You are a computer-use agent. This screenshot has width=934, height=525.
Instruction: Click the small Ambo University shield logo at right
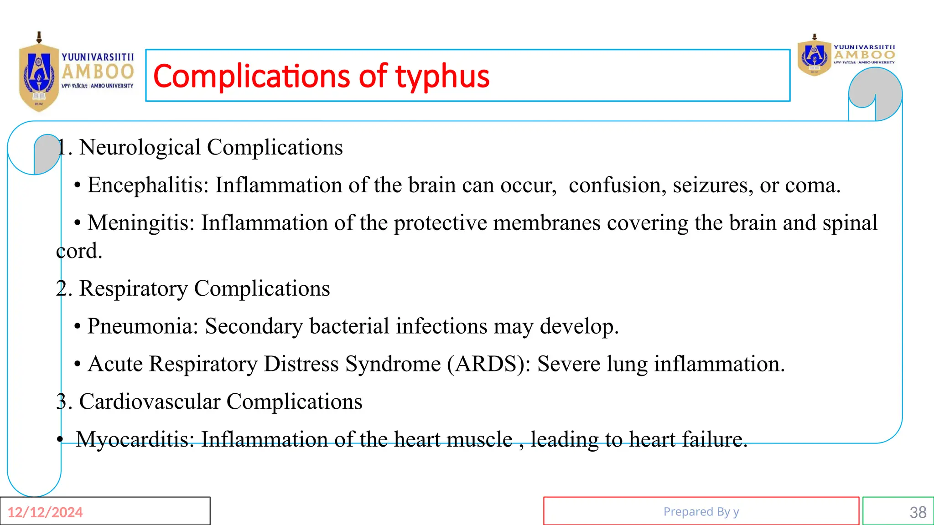point(814,57)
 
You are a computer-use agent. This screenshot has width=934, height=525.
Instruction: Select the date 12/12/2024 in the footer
point(45,512)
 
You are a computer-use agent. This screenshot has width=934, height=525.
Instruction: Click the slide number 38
point(918,512)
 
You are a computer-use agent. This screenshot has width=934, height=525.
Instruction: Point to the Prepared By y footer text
point(701,512)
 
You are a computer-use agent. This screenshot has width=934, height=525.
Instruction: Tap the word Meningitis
point(141,223)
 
